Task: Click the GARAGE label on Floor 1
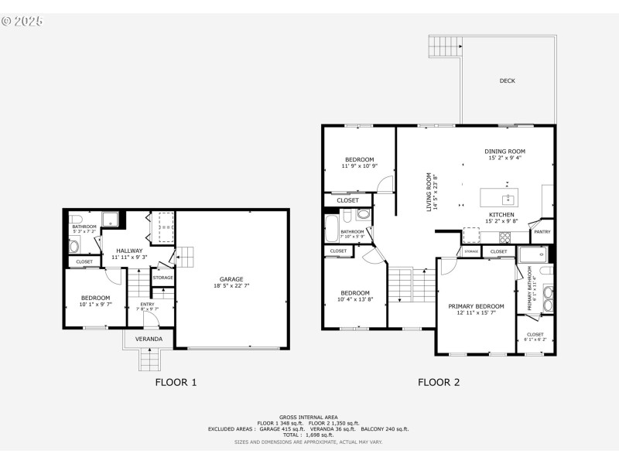coord(231,278)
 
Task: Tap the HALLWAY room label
coord(128,251)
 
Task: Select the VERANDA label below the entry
coord(149,339)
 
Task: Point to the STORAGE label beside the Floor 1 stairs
coord(162,278)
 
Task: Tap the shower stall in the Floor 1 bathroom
coord(111,219)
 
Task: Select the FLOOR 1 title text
coord(176,382)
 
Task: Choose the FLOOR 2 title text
coord(439,382)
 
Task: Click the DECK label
coord(507,80)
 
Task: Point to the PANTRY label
coord(542,230)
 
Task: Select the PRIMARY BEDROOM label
coord(476,306)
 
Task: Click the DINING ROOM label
coord(504,151)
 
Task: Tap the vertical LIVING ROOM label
coord(430,191)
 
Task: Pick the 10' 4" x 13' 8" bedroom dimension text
coord(355,299)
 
